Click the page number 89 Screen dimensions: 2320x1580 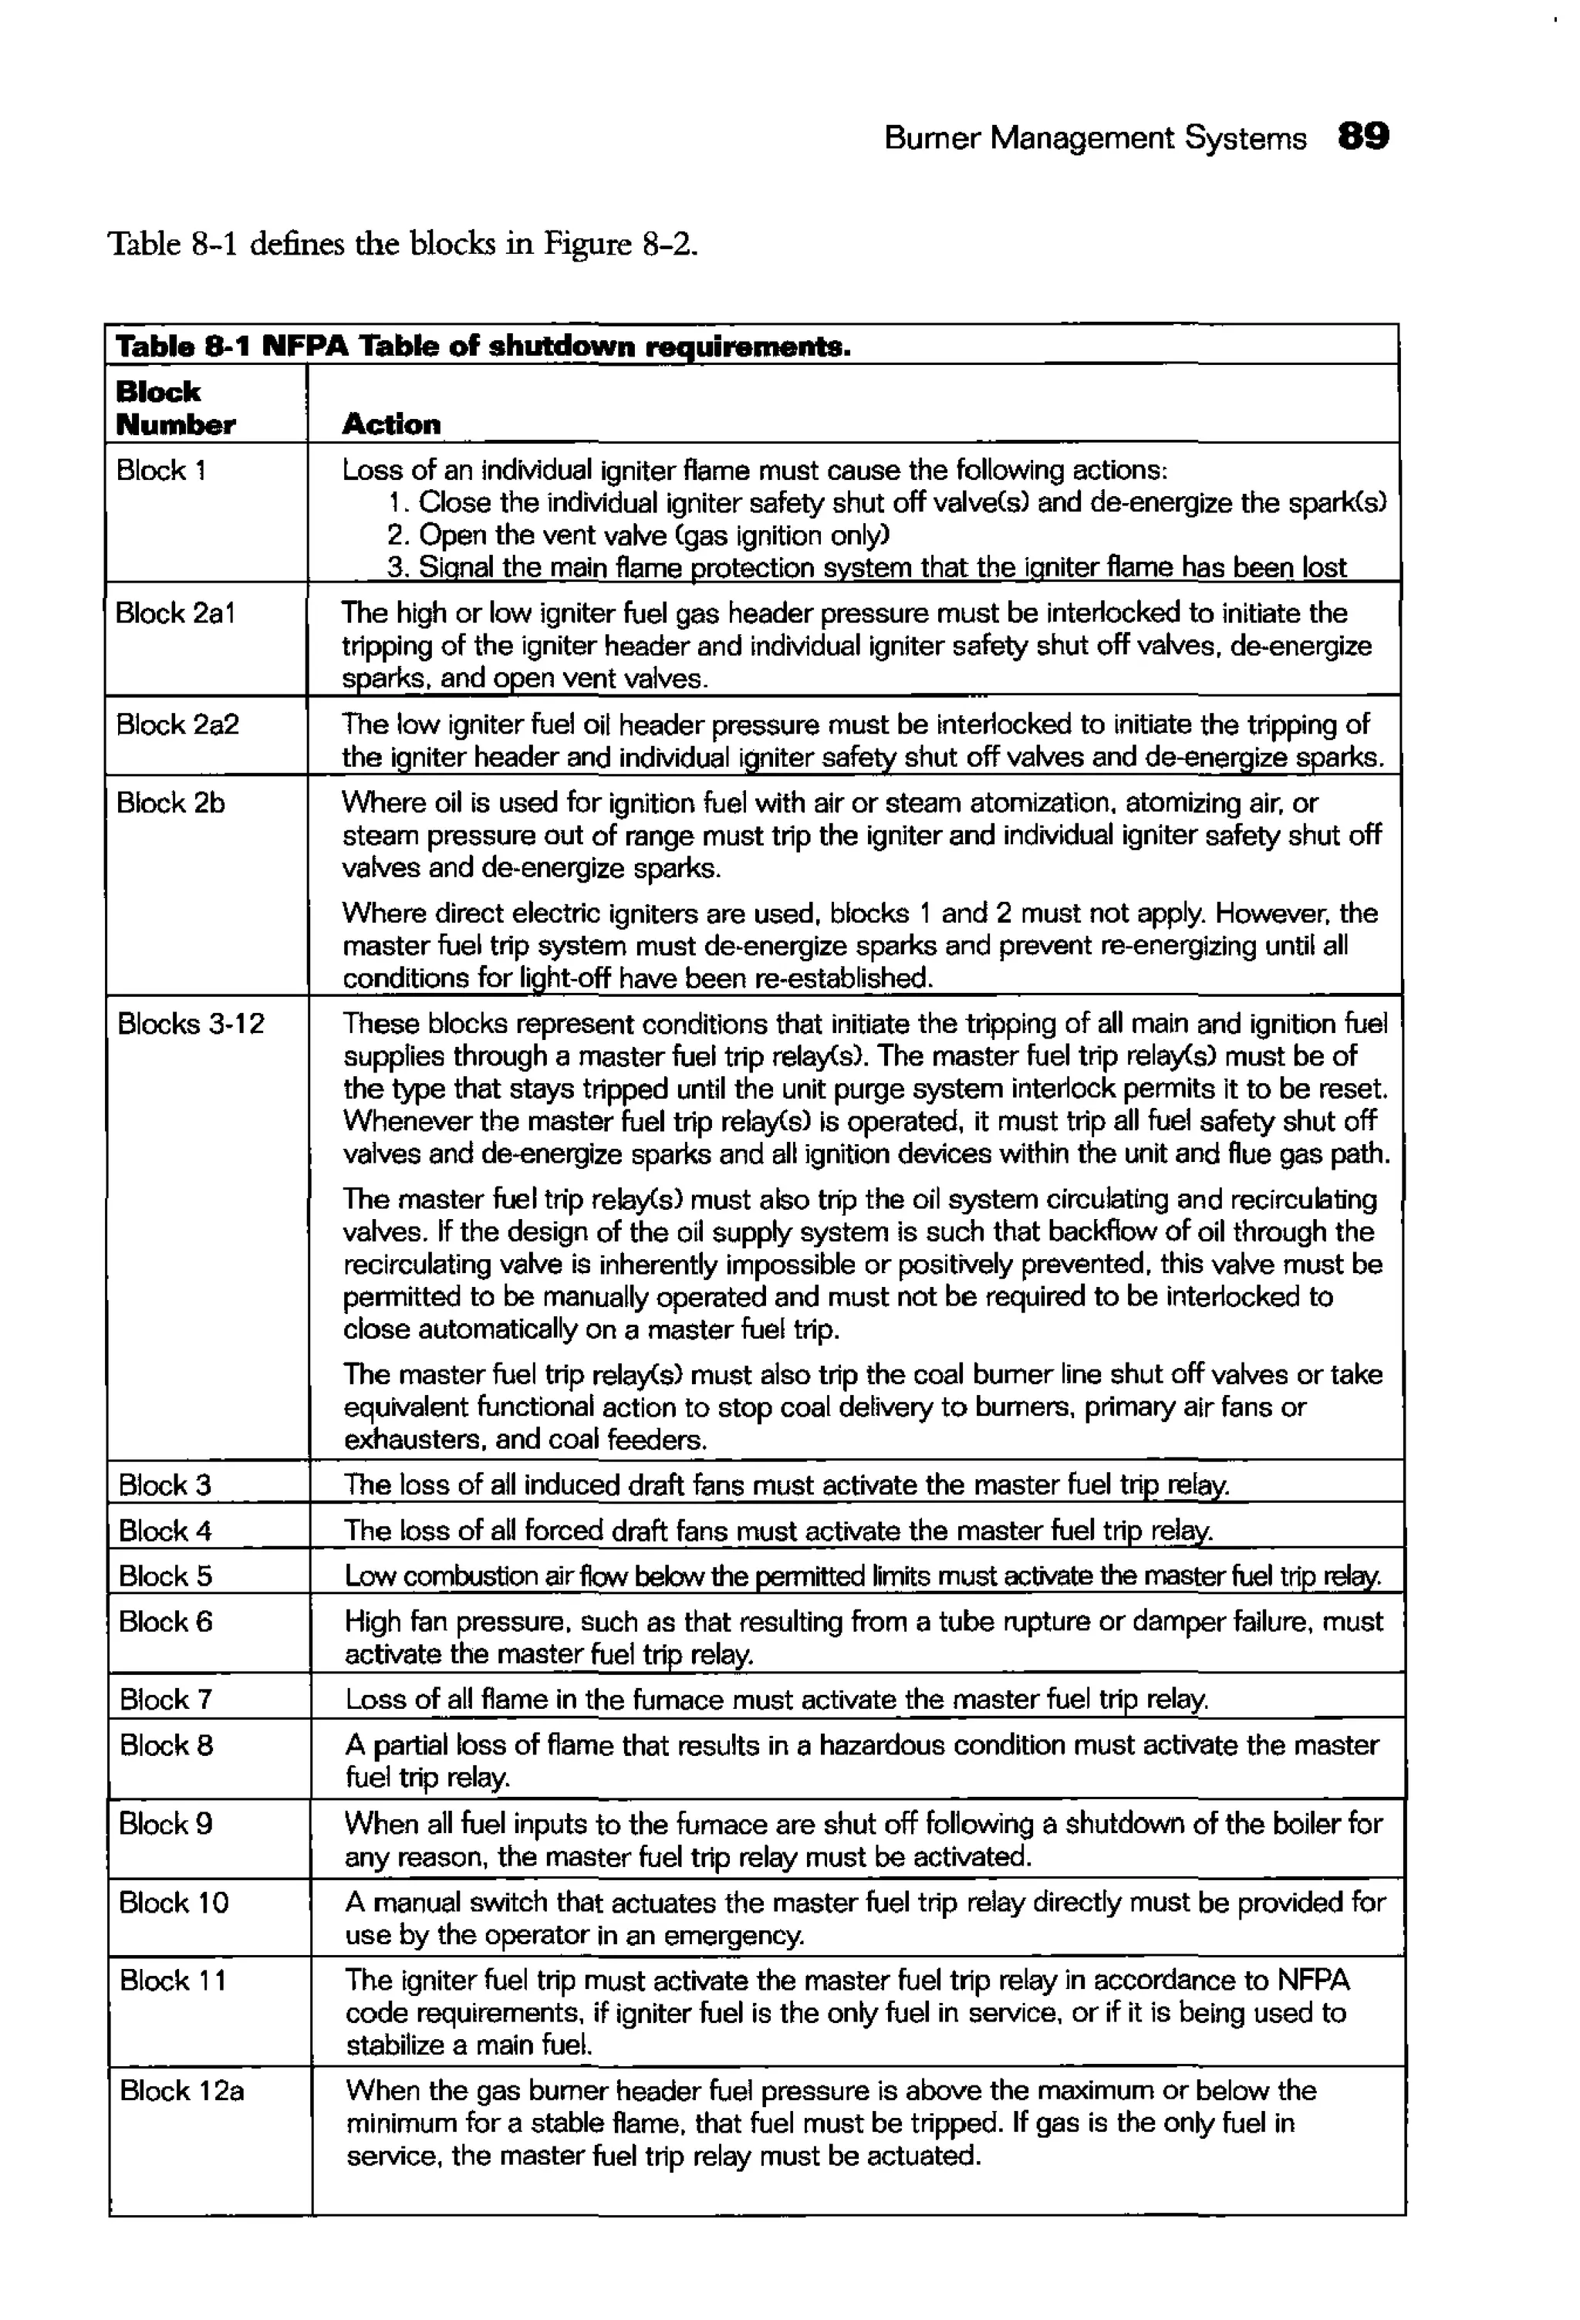[x=1362, y=137]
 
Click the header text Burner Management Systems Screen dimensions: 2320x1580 [x=1095, y=138]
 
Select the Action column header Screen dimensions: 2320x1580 [x=391, y=424]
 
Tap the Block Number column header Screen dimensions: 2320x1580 [x=176, y=408]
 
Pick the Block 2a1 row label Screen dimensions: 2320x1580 [x=176, y=613]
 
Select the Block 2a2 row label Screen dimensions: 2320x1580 [x=177, y=724]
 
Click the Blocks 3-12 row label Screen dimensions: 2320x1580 [x=191, y=1025]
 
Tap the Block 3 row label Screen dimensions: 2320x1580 [x=164, y=1485]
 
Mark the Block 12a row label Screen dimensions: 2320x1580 [x=181, y=2090]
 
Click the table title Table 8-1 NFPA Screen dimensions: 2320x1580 [x=482, y=346]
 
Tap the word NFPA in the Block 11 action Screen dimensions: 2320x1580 [x=1312, y=1981]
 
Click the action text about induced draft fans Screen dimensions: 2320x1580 [x=786, y=1485]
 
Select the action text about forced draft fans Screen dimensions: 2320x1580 [x=778, y=1531]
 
